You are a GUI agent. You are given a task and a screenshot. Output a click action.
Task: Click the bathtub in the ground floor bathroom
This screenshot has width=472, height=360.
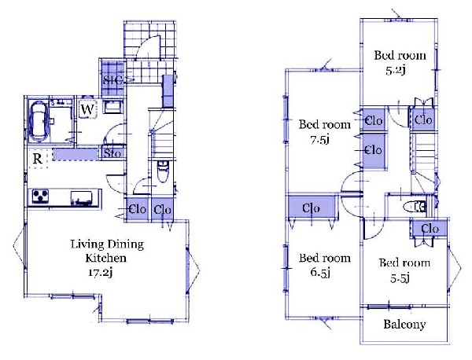click(39, 121)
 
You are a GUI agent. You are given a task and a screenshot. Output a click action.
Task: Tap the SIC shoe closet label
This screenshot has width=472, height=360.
click(112, 80)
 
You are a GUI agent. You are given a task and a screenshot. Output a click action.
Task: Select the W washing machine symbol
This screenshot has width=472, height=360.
click(87, 109)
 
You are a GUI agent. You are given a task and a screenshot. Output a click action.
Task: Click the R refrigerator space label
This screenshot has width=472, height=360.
click(37, 159)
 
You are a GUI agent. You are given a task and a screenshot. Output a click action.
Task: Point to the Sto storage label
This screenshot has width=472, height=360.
click(112, 153)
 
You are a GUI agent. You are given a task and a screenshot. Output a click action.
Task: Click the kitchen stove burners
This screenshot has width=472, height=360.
click(40, 196)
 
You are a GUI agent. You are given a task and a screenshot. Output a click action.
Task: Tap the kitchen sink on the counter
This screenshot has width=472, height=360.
click(81, 198)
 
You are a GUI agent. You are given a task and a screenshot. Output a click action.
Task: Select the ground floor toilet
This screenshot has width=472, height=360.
click(163, 171)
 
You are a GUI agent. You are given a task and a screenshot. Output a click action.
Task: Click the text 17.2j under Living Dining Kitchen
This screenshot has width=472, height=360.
click(101, 273)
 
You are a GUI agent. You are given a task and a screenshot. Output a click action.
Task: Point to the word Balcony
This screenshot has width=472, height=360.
click(404, 324)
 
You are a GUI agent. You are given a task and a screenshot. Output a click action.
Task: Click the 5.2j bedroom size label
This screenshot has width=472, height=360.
click(396, 71)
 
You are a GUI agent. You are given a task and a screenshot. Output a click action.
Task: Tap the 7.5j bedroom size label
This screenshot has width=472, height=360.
click(319, 140)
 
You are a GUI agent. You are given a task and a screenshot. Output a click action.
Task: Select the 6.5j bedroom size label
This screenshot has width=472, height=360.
click(320, 273)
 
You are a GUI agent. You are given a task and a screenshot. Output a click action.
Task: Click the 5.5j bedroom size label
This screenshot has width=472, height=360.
click(400, 279)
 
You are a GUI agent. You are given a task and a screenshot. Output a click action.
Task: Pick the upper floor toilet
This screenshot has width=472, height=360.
click(414, 207)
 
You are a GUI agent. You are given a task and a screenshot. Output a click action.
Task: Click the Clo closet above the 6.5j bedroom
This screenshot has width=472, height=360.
click(312, 208)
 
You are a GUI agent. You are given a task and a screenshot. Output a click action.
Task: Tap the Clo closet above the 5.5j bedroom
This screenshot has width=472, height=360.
click(430, 230)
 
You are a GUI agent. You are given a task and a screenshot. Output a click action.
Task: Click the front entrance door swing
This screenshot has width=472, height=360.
click(148, 47)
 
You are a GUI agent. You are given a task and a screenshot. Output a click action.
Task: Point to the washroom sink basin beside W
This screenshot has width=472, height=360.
click(112, 107)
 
